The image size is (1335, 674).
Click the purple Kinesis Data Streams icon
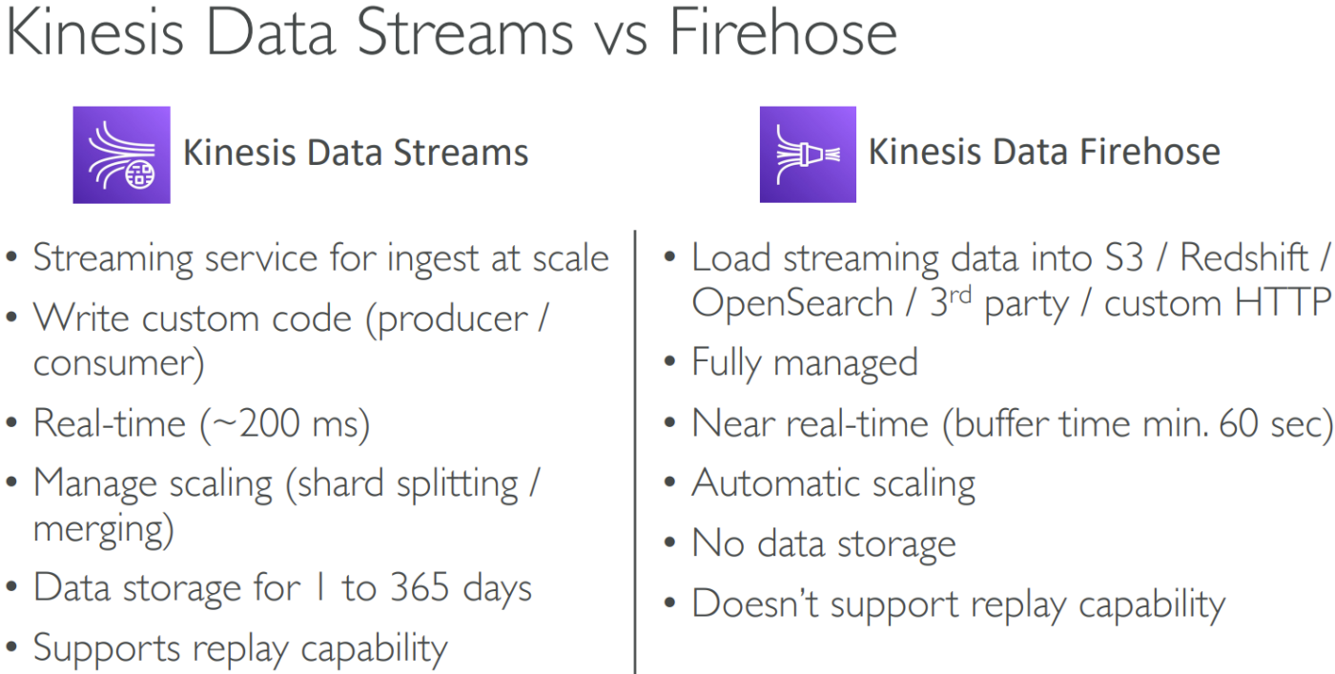pos(122,155)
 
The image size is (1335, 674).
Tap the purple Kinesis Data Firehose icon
pos(808,154)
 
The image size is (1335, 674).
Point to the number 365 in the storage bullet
pos(419,587)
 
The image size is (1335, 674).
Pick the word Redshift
pos(1243,257)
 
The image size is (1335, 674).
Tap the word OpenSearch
pos(792,303)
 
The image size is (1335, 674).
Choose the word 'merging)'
pos(104,530)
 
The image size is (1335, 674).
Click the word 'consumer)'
pos(118,364)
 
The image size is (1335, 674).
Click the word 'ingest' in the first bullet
pos(433,259)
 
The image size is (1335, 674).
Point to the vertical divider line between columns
pos(635,452)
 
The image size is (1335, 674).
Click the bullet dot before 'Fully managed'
pos(669,361)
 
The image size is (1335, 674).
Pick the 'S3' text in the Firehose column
pos(1124,257)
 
